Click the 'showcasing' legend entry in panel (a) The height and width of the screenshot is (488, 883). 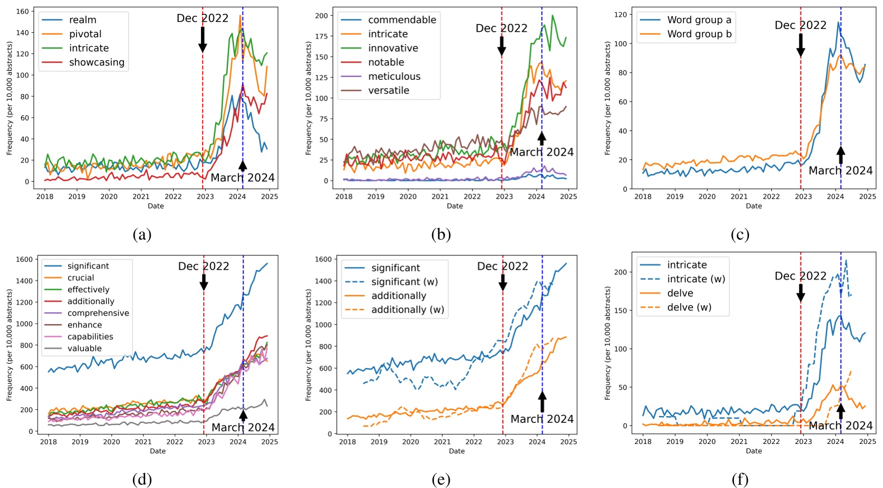96,62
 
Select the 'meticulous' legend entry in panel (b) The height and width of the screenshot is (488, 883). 394,76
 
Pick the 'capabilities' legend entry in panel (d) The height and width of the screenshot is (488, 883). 90,337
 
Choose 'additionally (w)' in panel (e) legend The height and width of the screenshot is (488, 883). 407,310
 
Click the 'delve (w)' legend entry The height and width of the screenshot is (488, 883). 689,307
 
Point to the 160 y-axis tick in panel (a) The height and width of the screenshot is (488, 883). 22,11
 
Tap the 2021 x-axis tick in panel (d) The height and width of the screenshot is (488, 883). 143,442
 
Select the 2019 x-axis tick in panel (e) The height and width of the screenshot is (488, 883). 379,442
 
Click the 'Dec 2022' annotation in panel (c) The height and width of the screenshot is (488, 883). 800,25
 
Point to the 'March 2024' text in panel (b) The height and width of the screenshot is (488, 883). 541,152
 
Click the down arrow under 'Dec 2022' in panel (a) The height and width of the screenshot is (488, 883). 203,39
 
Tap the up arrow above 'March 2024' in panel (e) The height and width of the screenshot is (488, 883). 542,401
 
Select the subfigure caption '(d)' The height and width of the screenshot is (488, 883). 142,479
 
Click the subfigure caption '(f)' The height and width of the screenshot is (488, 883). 739,479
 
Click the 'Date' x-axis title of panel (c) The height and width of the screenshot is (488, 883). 753,206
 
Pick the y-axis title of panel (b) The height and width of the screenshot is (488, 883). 308,98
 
